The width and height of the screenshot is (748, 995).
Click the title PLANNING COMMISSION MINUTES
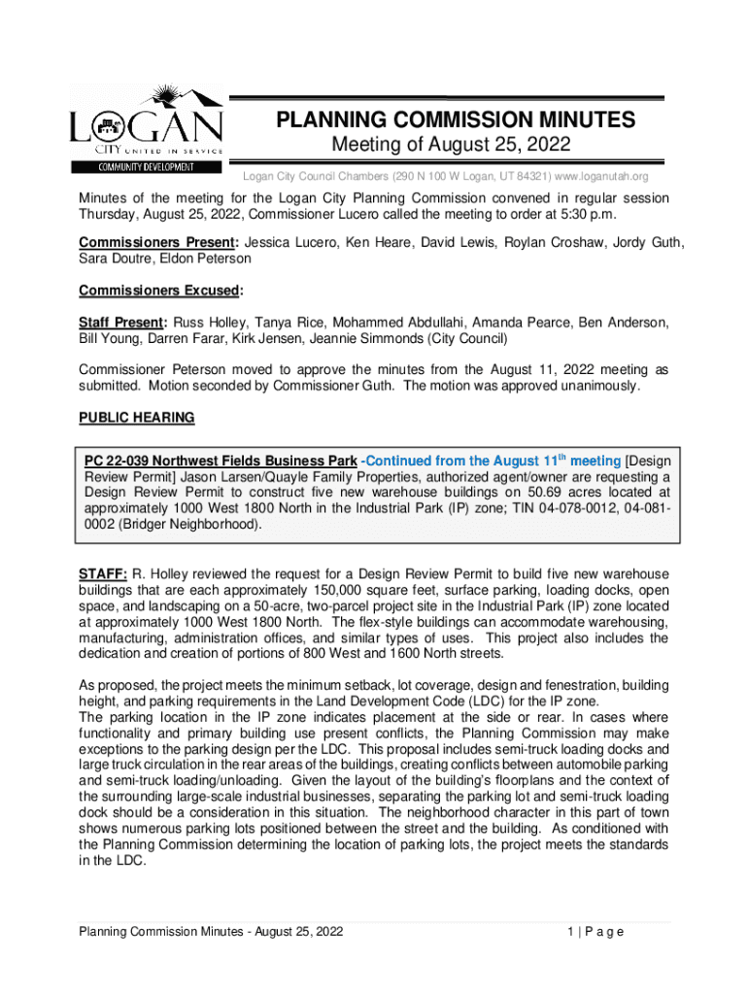(x=456, y=120)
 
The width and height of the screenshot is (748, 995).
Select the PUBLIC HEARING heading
(x=136, y=418)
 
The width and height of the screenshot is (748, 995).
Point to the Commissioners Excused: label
(x=160, y=291)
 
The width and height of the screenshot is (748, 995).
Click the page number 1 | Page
(x=595, y=932)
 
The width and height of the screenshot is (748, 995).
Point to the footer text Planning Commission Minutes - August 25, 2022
(x=211, y=932)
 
